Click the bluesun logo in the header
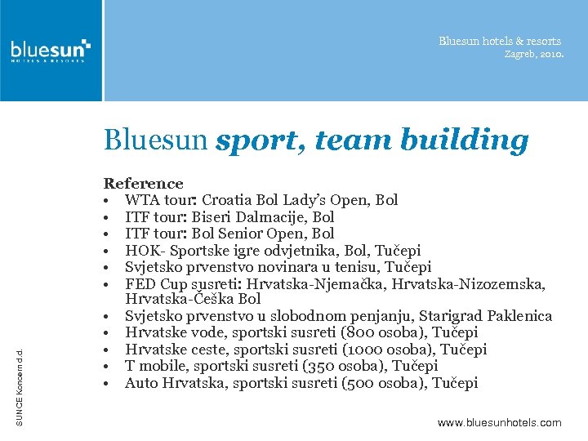pos(51,50)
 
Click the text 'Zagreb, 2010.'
pos(533,55)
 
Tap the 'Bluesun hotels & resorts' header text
pos(500,41)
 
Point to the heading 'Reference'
pos(143,184)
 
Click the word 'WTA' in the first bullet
pos(140,200)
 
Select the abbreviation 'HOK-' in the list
pos(143,251)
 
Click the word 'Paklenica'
pos(517,316)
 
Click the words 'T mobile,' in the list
pos(155,366)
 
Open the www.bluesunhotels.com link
pos(499,422)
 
